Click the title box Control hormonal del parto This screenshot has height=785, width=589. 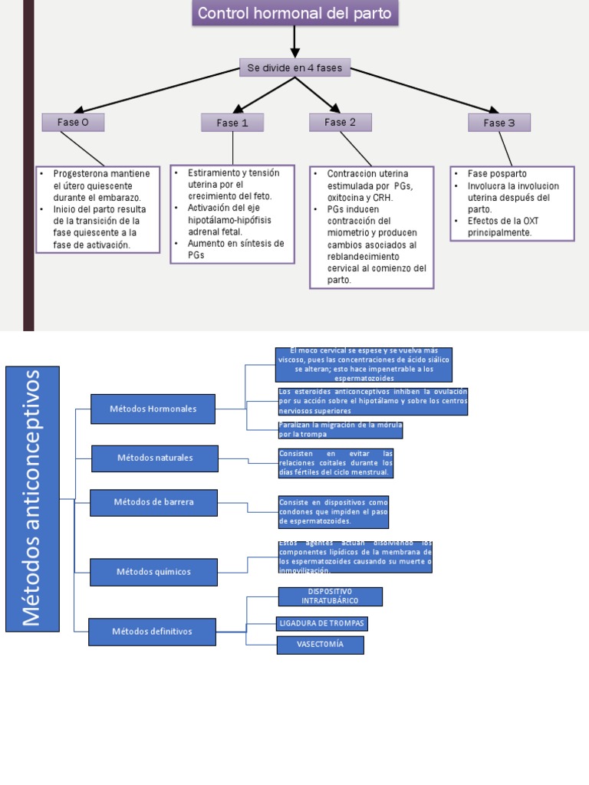click(294, 14)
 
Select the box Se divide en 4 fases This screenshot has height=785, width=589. click(294, 68)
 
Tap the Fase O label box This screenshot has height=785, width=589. click(73, 122)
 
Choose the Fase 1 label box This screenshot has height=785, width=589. click(232, 123)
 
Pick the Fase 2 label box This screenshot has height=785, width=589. click(341, 122)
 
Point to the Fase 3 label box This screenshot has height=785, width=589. click(499, 123)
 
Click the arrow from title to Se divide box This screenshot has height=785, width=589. click(294, 41)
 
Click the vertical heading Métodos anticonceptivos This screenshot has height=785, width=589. click(32, 498)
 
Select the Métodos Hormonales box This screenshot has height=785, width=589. click(153, 409)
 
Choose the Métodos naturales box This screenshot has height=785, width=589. click(155, 458)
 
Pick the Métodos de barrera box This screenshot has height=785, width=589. click(153, 502)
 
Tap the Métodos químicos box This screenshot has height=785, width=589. click(153, 572)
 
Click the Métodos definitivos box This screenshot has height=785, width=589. click(152, 632)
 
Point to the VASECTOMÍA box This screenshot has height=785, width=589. click(320, 645)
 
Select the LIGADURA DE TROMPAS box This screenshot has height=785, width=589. click(322, 622)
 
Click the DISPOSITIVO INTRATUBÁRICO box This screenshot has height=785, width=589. click(330, 596)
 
